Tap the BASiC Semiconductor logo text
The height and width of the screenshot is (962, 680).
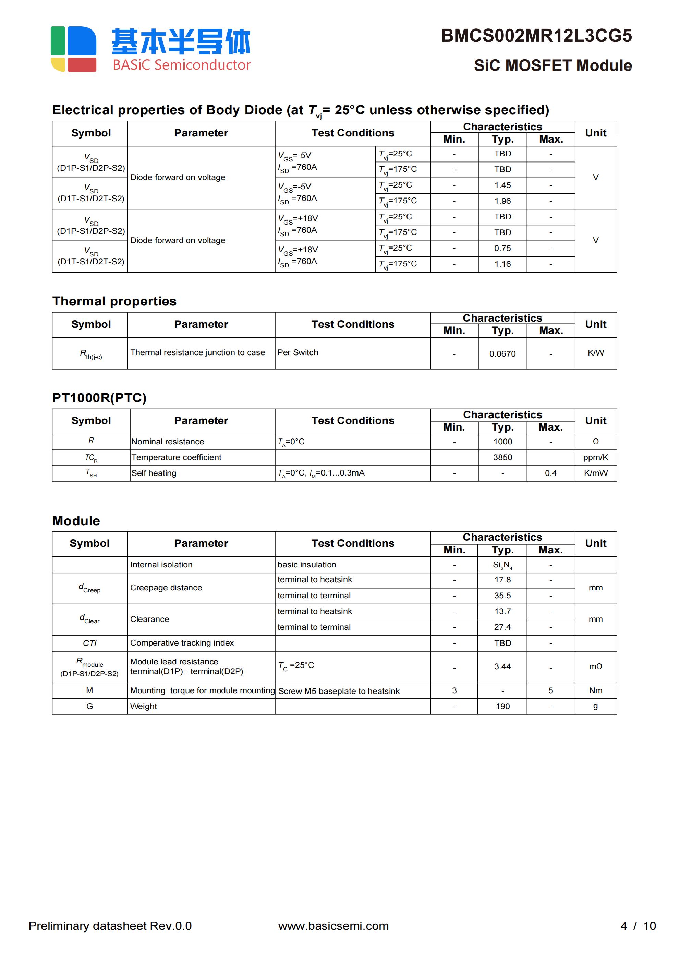tap(181, 65)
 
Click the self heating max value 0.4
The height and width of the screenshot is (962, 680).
tap(550, 473)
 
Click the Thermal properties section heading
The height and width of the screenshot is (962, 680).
tap(114, 301)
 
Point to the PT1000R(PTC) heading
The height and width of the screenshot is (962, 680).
tap(99, 398)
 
